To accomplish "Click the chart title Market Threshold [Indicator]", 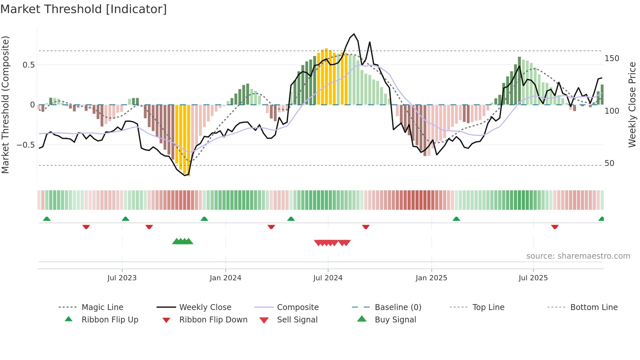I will click(x=84, y=9).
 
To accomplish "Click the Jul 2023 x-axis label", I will click(x=122, y=278).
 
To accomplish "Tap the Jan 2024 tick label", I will click(x=225, y=278).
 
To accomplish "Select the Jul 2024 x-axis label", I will click(x=328, y=278).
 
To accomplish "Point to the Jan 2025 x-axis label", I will click(x=431, y=278).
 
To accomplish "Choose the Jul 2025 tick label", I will click(x=533, y=278).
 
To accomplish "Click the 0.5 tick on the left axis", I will click(x=29, y=65).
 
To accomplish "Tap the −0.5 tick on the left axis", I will click(x=26, y=145).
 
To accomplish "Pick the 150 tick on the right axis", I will click(x=612, y=58).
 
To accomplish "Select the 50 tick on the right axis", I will click(x=609, y=163).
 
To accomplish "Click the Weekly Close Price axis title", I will click(x=632, y=105).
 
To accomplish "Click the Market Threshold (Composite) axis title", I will click(x=5, y=105).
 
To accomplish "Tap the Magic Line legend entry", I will click(x=102, y=307).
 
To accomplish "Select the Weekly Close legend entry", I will click(x=205, y=307).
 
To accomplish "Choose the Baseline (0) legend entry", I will click(x=398, y=307).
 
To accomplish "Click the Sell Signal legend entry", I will click(x=297, y=320).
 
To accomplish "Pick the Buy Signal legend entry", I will click(x=395, y=320).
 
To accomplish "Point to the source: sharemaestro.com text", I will click(x=578, y=256).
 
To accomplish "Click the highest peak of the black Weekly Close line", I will click(x=354, y=34).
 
